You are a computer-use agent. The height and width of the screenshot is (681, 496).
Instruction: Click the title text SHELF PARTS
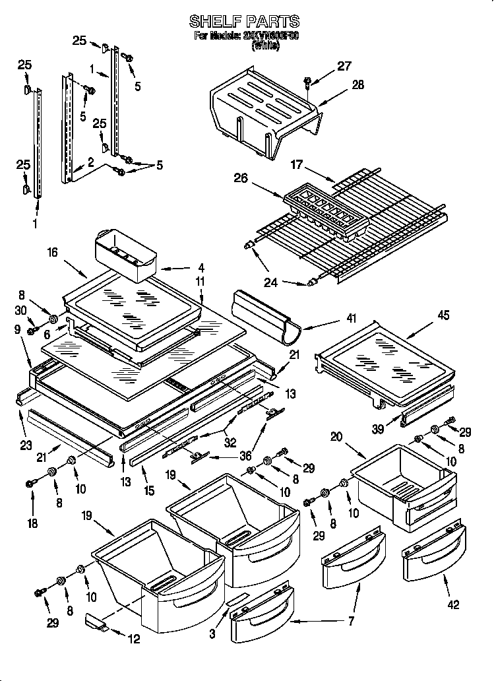tap(244, 21)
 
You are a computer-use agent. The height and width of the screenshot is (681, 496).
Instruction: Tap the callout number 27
tap(344, 65)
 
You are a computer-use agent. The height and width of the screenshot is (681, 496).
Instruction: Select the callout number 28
tap(357, 84)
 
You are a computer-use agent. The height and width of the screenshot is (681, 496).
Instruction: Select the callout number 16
tap(53, 251)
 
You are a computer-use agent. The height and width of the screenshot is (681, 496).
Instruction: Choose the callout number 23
tap(25, 445)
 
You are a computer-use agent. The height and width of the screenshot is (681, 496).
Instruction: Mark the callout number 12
tap(135, 639)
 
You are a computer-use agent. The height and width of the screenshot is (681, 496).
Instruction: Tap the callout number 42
tap(453, 604)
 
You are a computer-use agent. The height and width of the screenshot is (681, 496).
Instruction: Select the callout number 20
tap(336, 436)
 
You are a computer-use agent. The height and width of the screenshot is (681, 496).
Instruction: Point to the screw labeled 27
tap(309, 82)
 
